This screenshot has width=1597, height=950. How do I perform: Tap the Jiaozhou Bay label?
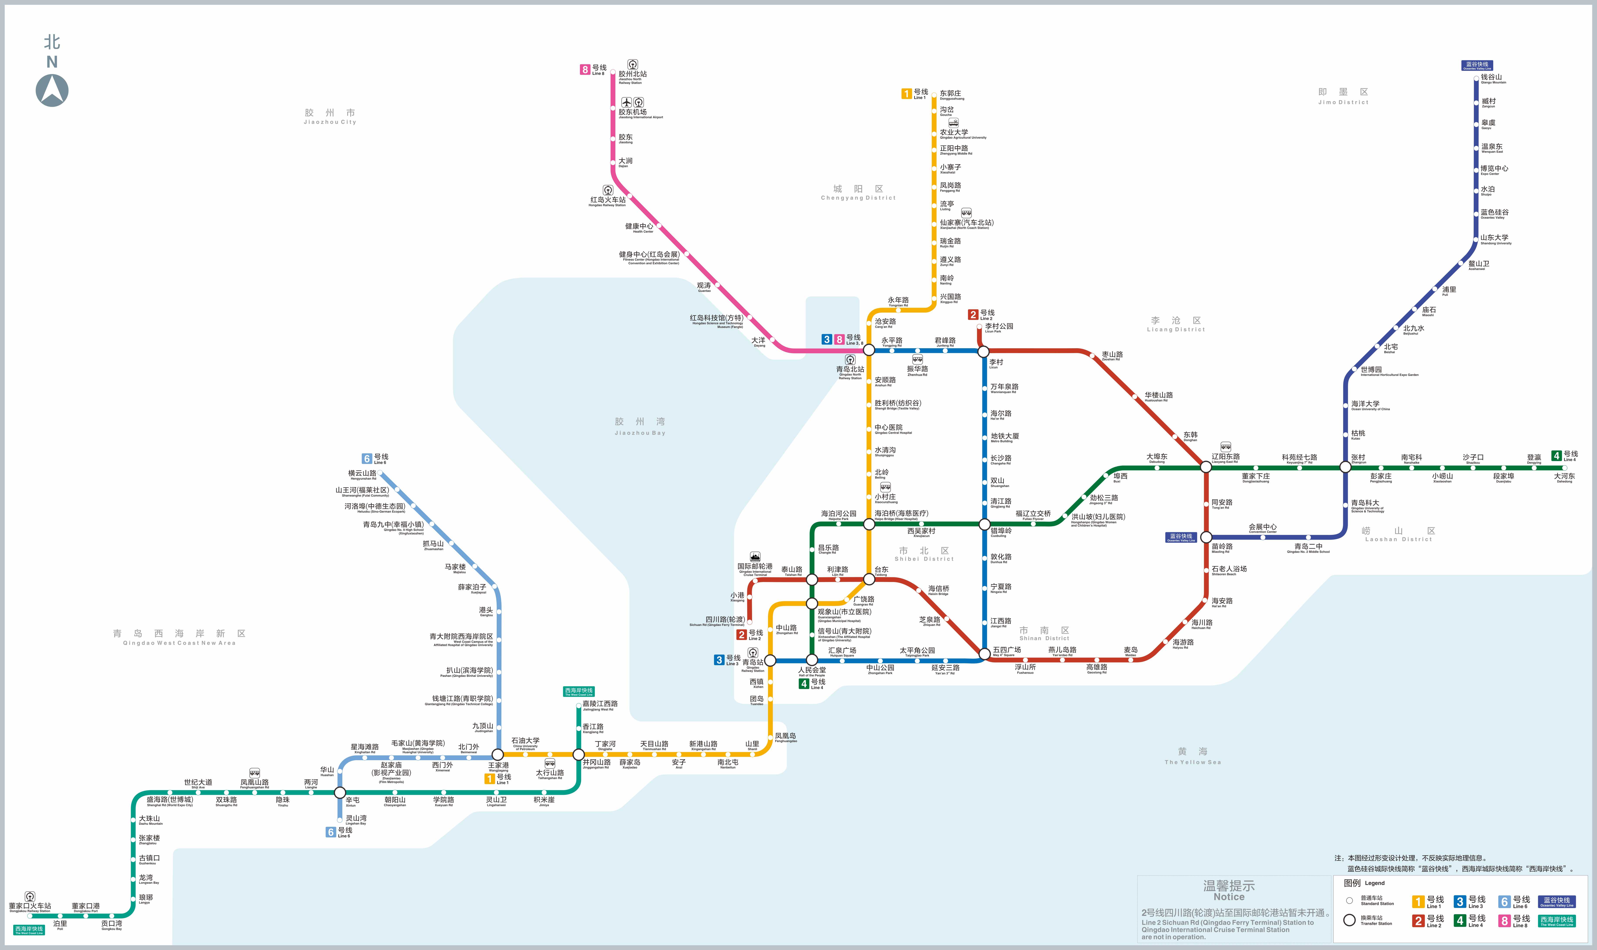[x=640, y=426]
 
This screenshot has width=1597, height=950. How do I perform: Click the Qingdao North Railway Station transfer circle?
[x=869, y=350]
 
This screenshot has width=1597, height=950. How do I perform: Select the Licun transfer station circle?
[x=984, y=351]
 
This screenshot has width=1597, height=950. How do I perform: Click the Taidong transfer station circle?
[x=869, y=579]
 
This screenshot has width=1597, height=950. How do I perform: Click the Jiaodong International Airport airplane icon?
[x=626, y=102]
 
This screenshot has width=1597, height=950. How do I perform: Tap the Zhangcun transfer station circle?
[x=1345, y=467]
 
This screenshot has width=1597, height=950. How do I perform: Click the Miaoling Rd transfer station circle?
[x=1206, y=537]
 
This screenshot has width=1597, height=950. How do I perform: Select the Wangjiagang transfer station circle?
[x=498, y=755]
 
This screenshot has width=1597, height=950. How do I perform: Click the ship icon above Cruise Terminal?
[x=755, y=557]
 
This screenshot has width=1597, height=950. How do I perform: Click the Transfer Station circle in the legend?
[x=1349, y=920]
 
